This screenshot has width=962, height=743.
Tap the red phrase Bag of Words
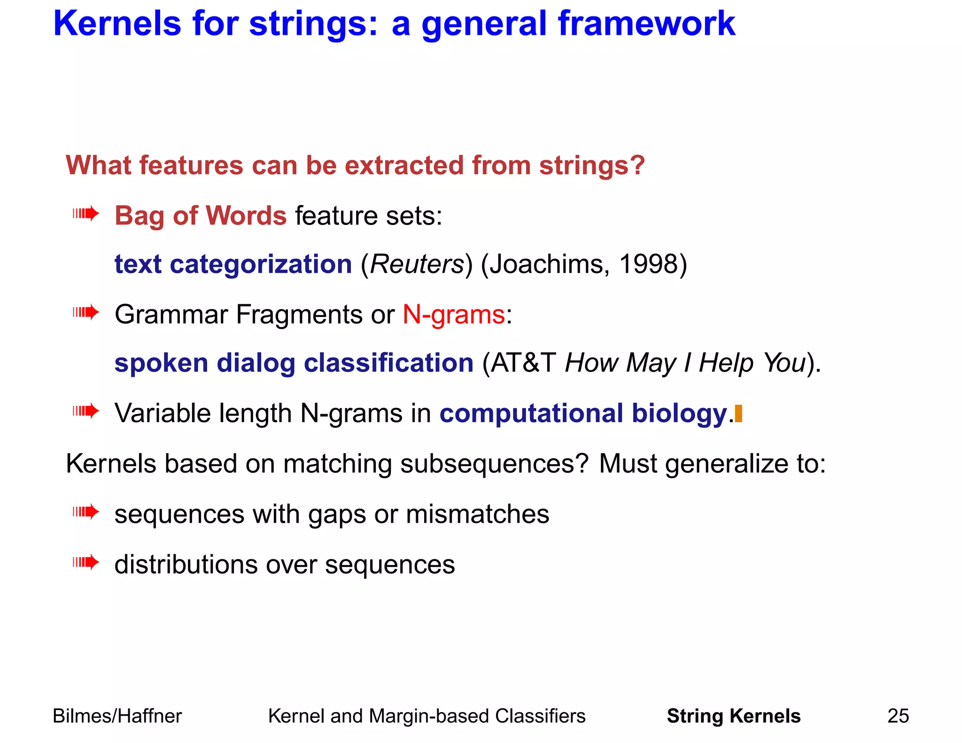pos(201,216)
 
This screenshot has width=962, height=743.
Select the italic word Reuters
pos(417,264)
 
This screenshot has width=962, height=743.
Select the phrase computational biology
pos(583,414)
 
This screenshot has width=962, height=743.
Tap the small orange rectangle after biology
pos(739,414)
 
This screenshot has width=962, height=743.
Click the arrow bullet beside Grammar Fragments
pos(86,312)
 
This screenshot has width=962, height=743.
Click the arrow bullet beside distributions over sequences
pos(86,562)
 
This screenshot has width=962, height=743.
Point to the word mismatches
pos(477,514)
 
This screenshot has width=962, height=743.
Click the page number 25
pos(898,716)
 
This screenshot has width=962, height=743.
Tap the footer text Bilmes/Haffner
pos(117,716)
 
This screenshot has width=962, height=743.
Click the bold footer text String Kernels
pos(733,716)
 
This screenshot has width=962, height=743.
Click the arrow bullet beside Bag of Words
pos(86,214)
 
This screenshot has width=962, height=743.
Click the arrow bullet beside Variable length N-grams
pos(86,412)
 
